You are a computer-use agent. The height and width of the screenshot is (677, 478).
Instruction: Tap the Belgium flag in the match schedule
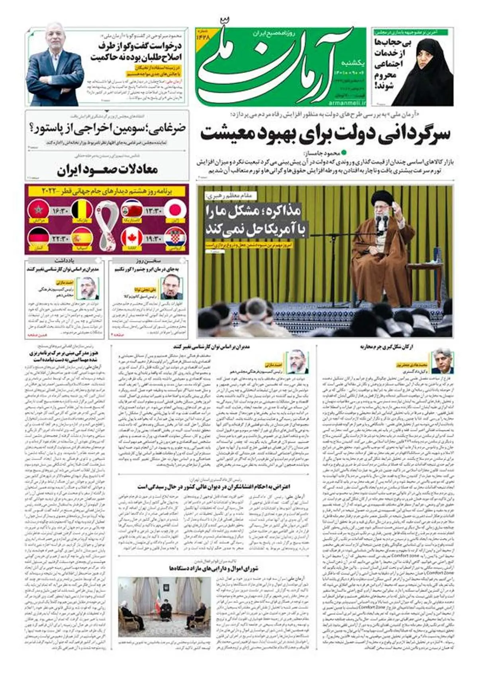pyautogui.click(x=82, y=210)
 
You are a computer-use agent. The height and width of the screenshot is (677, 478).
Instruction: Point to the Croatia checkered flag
pyautogui.click(x=174, y=238)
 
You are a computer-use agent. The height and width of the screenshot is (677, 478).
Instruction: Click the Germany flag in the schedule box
pyautogui.click(x=39, y=238)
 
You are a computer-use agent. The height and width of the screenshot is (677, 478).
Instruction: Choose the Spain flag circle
pyautogui.click(x=82, y=238)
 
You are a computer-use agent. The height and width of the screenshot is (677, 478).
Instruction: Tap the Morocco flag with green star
pyautogui.click(x=39, y=210)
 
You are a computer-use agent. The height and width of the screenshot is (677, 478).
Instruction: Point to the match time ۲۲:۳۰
pyautogui.click(x=60, y=238)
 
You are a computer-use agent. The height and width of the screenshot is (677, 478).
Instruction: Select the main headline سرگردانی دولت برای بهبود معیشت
pyautogui.click(x=325, y=134)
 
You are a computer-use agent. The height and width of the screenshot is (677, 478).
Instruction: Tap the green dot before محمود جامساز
pyautogui.click(x=345, y=152)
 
